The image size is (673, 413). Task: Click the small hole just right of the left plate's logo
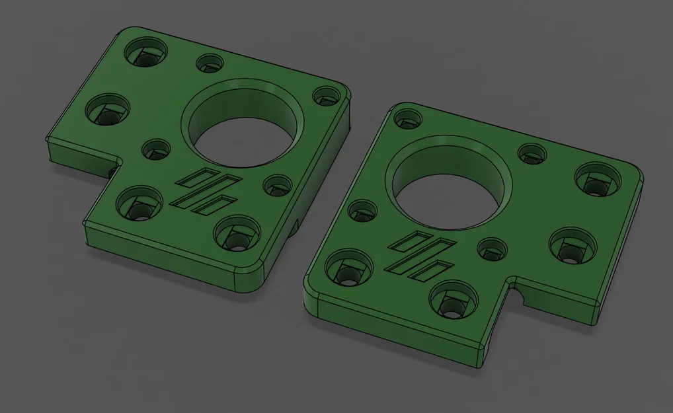[x=277, y=184]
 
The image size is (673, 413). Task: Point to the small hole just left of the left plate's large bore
[x=157, y=149]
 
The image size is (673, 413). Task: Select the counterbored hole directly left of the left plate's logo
[x=139, y=202]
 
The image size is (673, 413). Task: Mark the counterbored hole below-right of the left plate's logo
[x=236, y=235]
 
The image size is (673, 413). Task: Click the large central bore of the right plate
[x=448, y=188]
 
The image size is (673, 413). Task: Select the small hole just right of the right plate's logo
[x=492, y=249]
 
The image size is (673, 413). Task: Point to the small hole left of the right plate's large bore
[x=363, y=211]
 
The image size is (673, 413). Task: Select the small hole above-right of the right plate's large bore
[x=532, y=153]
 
